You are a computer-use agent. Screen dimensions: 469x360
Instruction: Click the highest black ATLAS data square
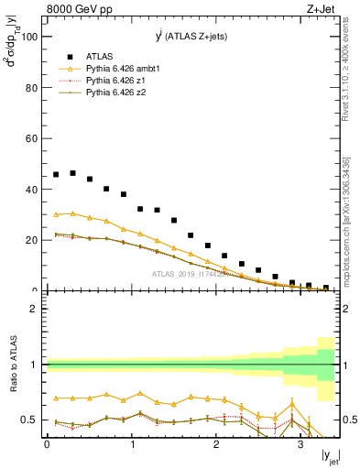coord(73,173)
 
